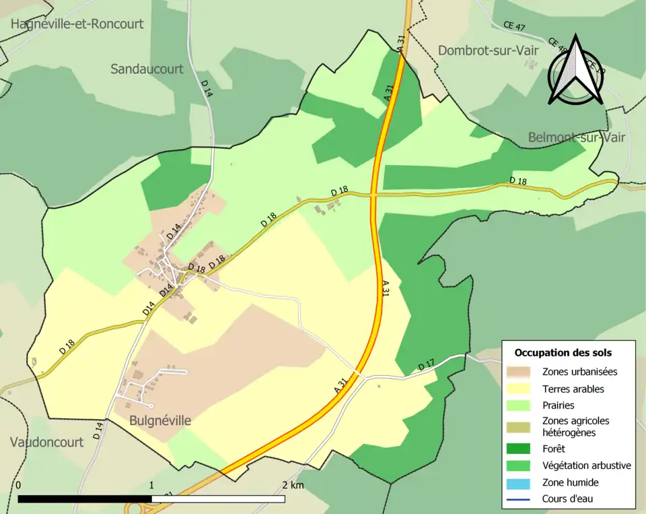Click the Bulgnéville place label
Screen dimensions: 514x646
click(x=161, y=421)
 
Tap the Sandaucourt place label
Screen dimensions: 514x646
click(x=147, y=69)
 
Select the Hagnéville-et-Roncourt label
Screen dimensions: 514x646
click(x=77, y=24)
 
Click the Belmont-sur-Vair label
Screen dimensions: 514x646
click(x=577, y=137)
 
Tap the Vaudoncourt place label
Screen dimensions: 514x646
click(x=47, y=443)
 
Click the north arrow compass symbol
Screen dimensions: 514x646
click(x=576, y=71)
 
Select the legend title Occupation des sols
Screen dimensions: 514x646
click(x=563, y=352)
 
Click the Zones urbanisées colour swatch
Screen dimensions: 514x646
click(x=523, y=371)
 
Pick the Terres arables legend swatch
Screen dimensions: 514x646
click(x=523, y=389)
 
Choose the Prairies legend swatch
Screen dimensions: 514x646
click(x=523, y=406)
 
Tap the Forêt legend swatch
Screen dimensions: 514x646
click(x=523, y=449)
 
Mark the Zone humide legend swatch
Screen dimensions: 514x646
click(x=523, y=482)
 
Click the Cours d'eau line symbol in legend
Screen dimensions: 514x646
click(x=523, y=499)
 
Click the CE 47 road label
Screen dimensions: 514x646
click(x=513, y=25)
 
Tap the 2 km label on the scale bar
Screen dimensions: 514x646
click(x=293, y=485)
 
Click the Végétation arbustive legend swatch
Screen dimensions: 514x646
click(x=523, y=465)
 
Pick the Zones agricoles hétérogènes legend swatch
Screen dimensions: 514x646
click(x=523, y=426)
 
